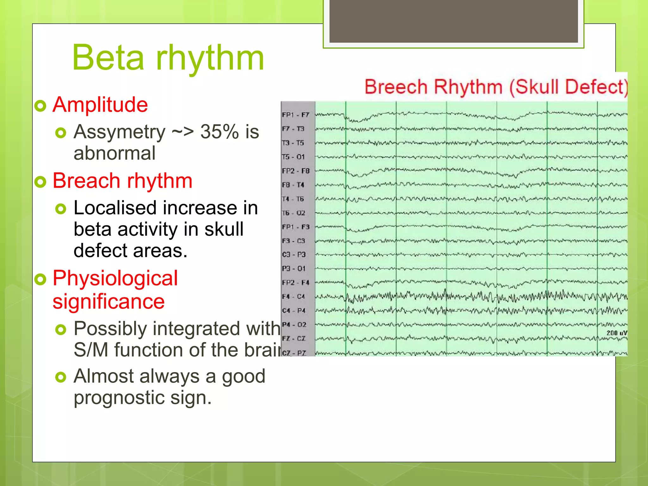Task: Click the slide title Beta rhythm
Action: [x=168, y=58]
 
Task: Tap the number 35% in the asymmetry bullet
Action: [x=219, y=132]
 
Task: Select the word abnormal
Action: [x=115, y=153]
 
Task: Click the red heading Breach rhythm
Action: [x=122, y=181]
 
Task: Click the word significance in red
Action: [x=109, y=301]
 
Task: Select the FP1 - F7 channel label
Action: [x=296, y=115]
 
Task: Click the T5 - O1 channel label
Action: [x=293, y=157]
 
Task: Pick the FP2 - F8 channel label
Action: [x=296, y=171]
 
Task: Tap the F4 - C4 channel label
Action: [x=293, y=296]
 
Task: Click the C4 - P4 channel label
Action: [x=293, y=311]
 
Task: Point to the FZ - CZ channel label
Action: [x=293, y=339]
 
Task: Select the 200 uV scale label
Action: [x=616, y=333]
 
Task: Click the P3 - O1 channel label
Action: [x=293, y=269]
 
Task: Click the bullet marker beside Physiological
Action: [x=40, y=279]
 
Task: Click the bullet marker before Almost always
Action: [x=60, y=377]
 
